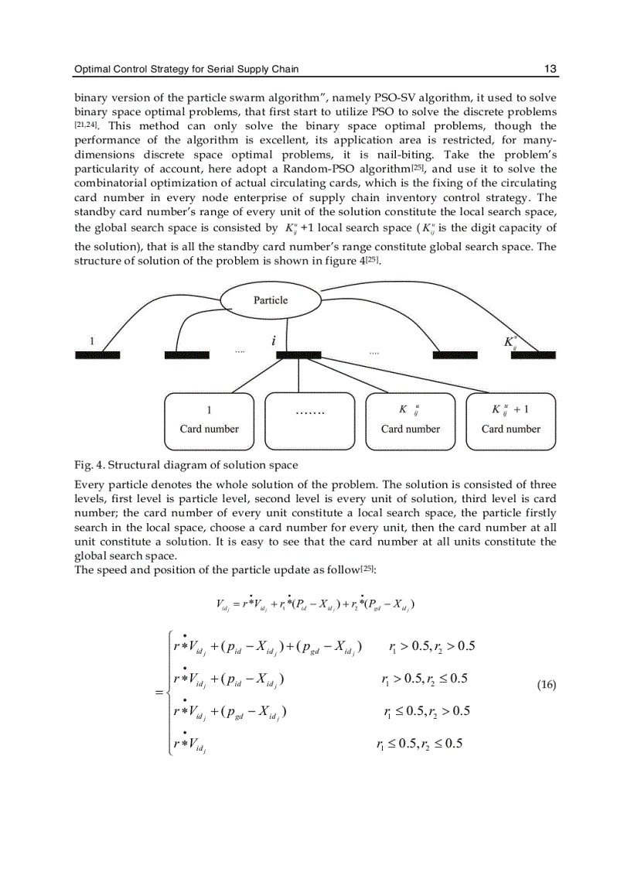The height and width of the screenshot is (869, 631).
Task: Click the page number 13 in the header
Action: click(x=550, y=70)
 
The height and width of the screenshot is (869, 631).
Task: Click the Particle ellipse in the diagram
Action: click(x=270, y=300)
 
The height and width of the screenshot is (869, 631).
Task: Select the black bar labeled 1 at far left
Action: click(x=97, y=355)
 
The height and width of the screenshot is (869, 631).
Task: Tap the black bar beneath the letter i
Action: click(x=298, y=355)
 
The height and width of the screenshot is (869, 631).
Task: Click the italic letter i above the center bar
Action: click(x=272, y=340)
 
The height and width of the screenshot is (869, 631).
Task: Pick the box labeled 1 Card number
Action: click(x=210, y=422)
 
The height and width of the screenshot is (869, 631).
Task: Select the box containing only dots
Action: click(x=310, y=422)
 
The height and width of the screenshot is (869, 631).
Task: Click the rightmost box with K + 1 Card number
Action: click(x=511, y=422)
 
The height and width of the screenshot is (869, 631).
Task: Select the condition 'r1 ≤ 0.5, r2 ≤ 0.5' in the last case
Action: click(x=419, y=744)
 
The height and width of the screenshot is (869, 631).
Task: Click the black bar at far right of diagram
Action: click(x=533, y=355)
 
